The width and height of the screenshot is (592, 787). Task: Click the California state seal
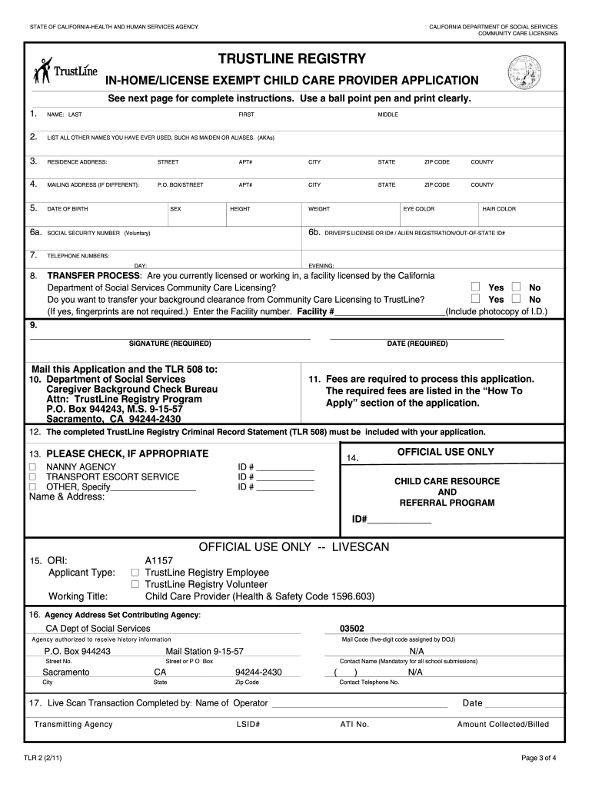524,73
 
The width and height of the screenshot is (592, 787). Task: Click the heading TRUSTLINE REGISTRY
291,59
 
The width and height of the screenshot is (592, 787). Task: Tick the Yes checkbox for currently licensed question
476,287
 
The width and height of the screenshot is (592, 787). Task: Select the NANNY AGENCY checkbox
32,467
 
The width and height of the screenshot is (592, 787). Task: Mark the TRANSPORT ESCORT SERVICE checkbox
32,477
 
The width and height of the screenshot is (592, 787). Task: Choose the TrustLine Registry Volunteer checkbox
135,585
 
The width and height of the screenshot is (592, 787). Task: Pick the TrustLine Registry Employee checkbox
135,573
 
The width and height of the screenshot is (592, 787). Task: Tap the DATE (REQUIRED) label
417,344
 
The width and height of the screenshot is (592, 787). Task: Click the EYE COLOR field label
419,209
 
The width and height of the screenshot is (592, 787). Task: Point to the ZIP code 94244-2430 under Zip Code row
258,672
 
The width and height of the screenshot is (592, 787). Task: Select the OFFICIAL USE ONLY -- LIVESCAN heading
294,547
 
